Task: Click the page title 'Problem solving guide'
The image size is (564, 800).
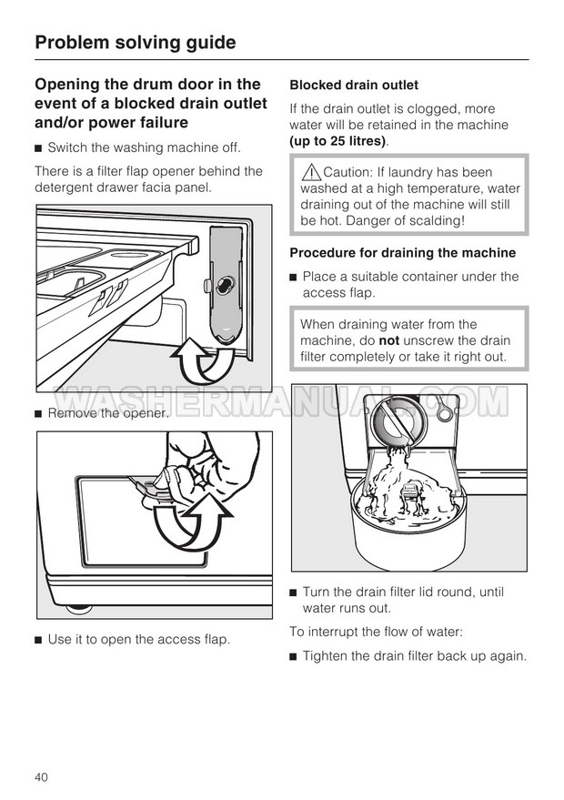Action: point(136,43)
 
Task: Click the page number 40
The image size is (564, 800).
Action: point(41,777)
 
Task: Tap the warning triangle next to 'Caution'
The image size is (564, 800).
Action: point(310,172)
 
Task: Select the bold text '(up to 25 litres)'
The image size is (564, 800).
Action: point(337,141)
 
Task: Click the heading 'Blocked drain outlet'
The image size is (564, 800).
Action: point(354,85)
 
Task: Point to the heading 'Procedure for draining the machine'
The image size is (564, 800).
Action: point(403,252)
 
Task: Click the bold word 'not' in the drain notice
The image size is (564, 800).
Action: point(389,340)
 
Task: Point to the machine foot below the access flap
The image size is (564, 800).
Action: point(78,608)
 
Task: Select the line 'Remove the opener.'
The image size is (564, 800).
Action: point(108,413)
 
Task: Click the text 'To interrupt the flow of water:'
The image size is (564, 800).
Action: point(377,632)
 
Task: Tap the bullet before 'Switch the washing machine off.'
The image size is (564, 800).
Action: point(37,148)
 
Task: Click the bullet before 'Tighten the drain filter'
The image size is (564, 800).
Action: point(293,656)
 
